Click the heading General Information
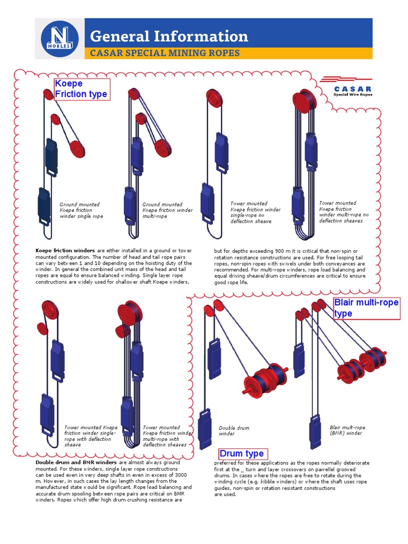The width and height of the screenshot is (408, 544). coord(169,36)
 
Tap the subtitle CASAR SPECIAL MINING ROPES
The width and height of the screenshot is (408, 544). coord(165,53)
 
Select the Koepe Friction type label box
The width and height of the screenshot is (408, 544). coord(82,89)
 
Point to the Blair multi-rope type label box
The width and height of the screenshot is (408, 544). coord(366,308)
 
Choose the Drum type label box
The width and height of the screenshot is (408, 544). coord(242,453)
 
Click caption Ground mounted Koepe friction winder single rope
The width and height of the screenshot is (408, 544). coord(81,210)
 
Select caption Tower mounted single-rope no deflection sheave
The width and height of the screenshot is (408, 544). coord(255,212)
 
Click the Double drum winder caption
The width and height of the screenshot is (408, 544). coord(234,430)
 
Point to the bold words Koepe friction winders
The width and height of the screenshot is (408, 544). coord(65,250)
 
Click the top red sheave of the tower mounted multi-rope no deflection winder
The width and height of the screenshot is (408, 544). coord(304,102)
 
